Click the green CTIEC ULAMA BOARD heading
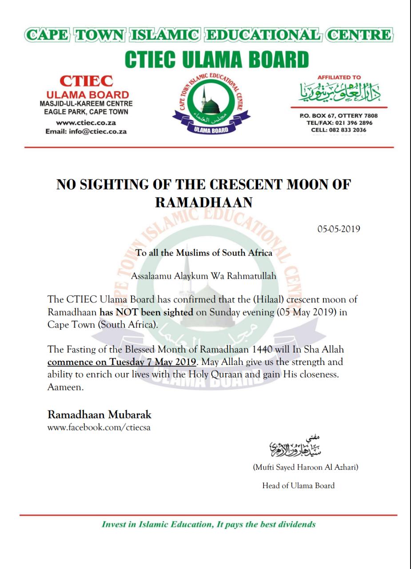(x=216, y=60)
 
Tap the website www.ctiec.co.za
(x=86, y=122)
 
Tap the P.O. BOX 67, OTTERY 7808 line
(x=339, y=116)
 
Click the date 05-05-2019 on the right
(x=338, y=229)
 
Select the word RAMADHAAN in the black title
(x=204, y=203)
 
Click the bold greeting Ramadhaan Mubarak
(x=100, y=415)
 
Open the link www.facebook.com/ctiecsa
(x=96, y=428)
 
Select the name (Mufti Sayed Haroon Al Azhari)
(x=305, y=467)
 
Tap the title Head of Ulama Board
(x=298, y=485)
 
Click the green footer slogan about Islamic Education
(x=209, y=524)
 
